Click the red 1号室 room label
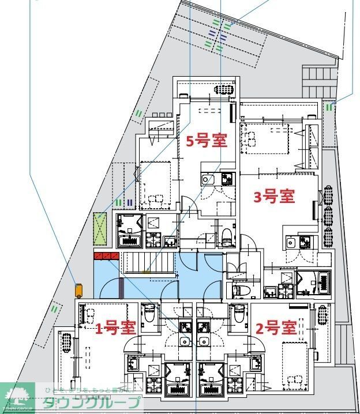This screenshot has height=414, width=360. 115,328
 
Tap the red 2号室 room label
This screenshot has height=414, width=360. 276,328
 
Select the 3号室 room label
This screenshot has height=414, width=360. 275,197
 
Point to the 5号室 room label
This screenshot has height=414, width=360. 206,140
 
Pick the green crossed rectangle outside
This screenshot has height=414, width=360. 101,228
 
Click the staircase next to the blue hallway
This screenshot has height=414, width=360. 149,264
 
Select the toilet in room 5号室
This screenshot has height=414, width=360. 227,235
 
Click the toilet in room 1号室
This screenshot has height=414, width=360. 149,314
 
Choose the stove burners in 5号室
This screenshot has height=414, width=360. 227,179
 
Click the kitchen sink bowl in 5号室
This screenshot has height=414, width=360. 207,180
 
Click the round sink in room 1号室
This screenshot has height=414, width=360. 185,341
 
